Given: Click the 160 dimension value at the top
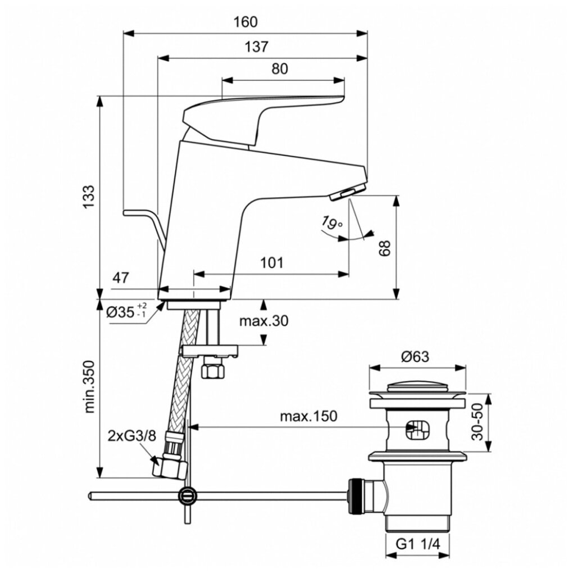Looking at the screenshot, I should [x=245, y=22].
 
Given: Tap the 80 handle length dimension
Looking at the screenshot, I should [x=280, y=69].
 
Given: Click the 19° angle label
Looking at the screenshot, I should [x=332, y=224].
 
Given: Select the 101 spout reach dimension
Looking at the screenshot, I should [x=271, y=263].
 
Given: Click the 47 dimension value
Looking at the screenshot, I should [x=121, y=278].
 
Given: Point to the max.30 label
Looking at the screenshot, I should [x=263, y=321].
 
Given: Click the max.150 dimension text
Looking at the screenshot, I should [x=308, y=416].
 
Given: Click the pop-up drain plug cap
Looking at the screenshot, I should [x=417, y=388].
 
